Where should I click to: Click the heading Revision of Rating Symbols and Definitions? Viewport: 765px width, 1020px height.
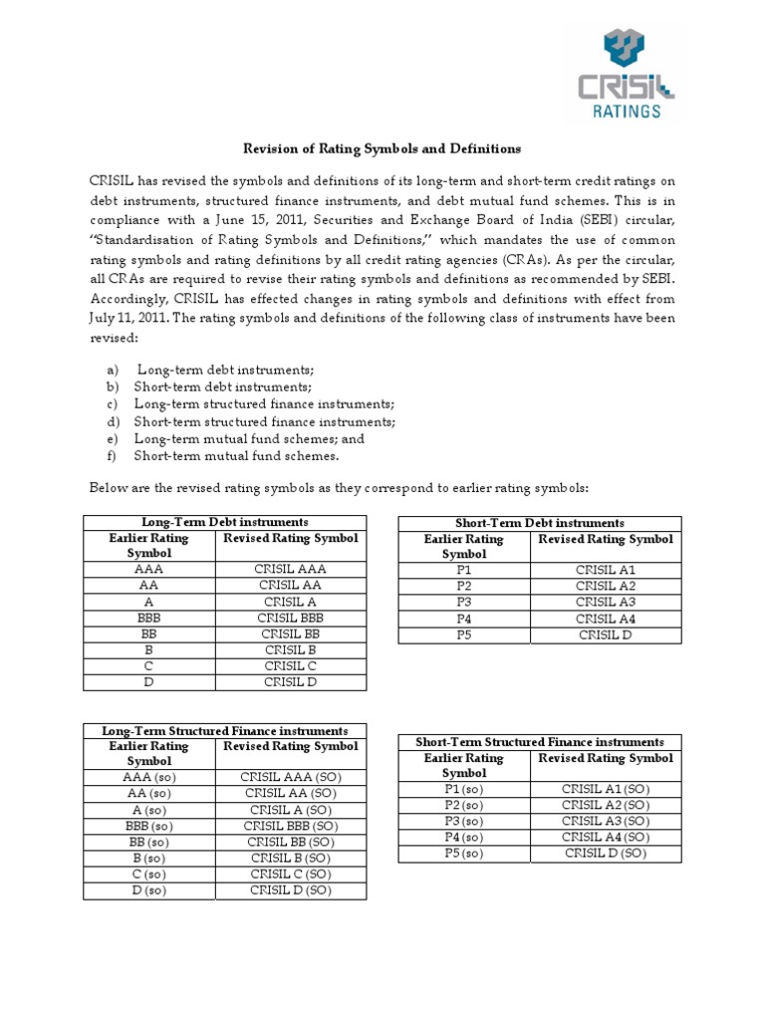(x=382, y=148)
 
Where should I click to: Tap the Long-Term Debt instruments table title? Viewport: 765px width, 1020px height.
(x=224, y=522)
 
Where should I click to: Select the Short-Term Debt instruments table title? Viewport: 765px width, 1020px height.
(x=539, y=523)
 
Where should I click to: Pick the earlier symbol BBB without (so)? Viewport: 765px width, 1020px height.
(x=148, y=618)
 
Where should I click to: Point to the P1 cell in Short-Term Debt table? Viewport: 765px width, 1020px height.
(x=464, y=569)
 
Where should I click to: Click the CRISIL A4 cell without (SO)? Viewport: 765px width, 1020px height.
(x=606, y=618)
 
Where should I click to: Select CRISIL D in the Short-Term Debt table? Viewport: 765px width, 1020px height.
(x=606, y=634)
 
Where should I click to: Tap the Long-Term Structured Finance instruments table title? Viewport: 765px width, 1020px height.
(x=224, y=731)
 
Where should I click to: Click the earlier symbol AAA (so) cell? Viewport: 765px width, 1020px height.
(x=148, y=778)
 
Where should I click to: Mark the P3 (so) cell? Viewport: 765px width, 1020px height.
(x=464, y=821)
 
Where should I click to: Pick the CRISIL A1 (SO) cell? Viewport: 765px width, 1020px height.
(x=606, y=789)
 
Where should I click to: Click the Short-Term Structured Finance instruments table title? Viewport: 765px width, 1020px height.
(x=539, y=742)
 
